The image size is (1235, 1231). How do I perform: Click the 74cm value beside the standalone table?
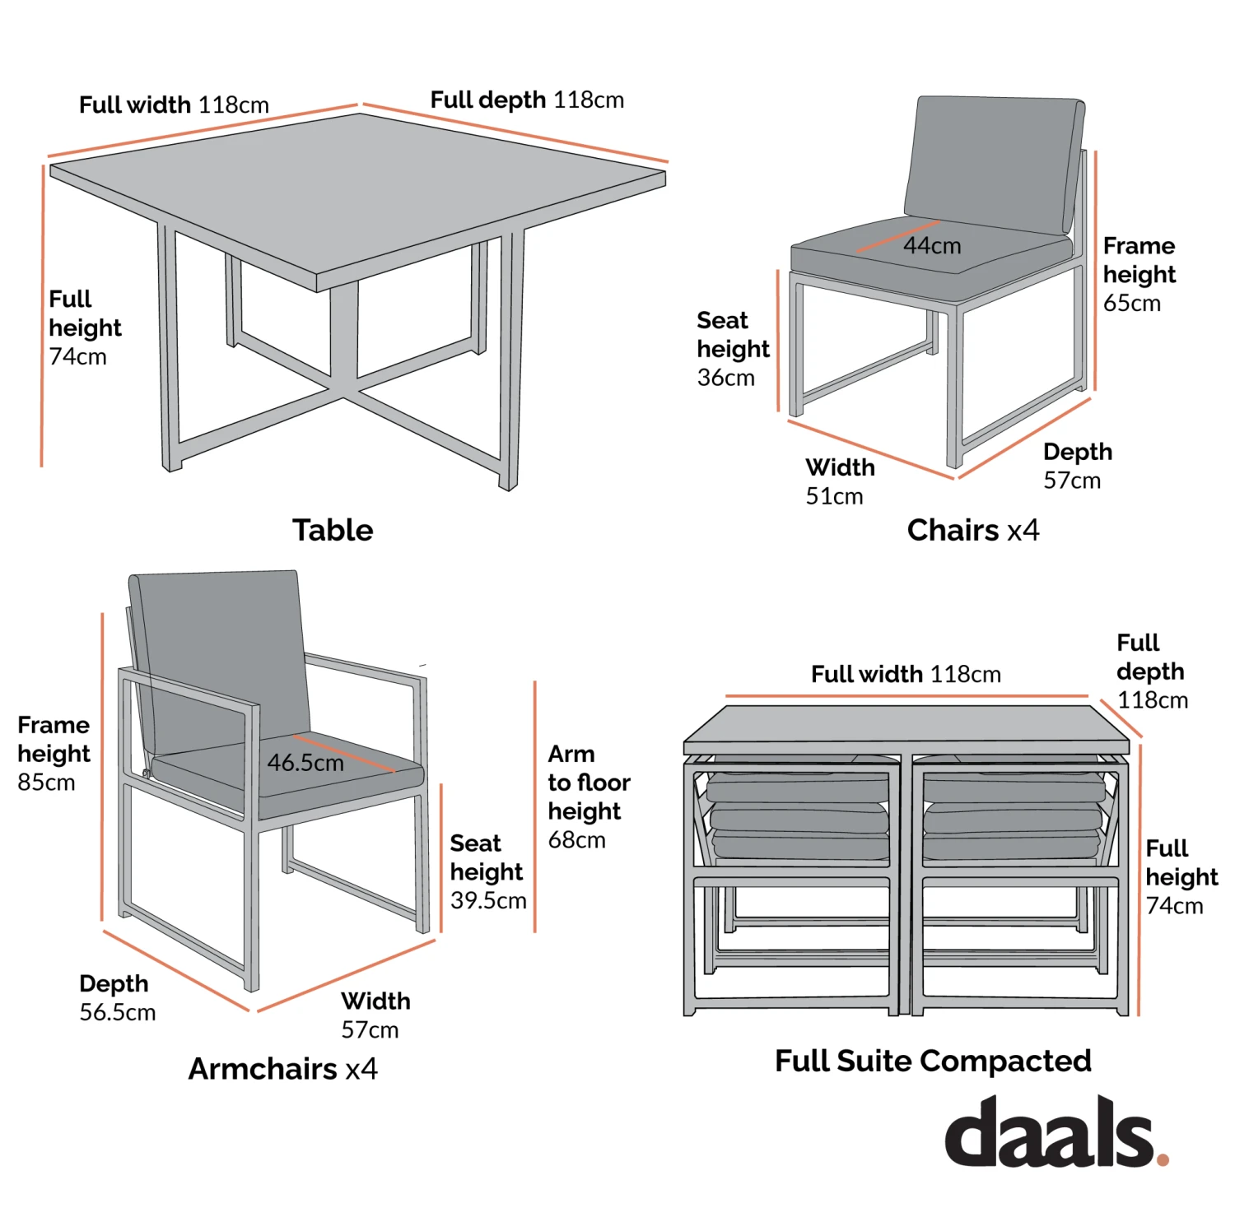[x=78, y=357]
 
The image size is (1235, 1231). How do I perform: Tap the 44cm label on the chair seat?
[x=932, y=246]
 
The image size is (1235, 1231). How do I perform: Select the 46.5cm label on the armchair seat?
[x=305, y=764]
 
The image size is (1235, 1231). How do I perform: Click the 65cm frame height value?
[x=1132, y=304]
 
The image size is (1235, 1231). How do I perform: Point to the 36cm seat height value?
[x=725, y=378]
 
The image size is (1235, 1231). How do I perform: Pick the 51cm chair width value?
[x=834, y=496]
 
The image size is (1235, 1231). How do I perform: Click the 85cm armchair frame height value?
[x=46, y=783]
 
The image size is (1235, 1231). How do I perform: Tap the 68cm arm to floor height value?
[x=576, y=840]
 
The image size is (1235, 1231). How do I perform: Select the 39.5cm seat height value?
[x=488, y=900]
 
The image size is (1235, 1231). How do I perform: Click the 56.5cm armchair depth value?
[x=117, y=1012]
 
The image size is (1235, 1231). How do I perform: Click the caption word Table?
[x=333, y=530]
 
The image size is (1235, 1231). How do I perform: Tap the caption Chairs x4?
[x=972, y=530]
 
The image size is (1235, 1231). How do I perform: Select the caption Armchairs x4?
[x=282, y=1069]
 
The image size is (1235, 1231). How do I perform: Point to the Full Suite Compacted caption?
[x=933, y=1061]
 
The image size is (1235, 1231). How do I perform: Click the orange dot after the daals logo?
[x=1163, y=1159]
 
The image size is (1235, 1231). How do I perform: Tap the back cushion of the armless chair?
[x=992, y=160]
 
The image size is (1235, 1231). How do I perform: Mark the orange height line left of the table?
[x=42, y=317]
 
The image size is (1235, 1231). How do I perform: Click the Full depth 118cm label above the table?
[x=527, y=100]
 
